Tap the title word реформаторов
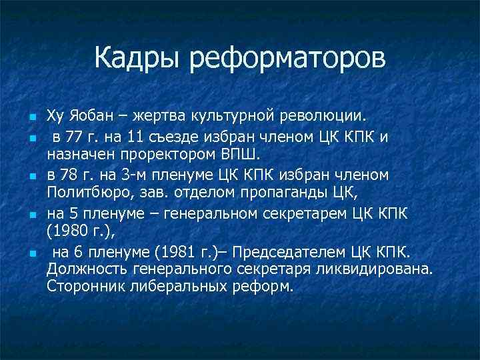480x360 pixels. point(288,59)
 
